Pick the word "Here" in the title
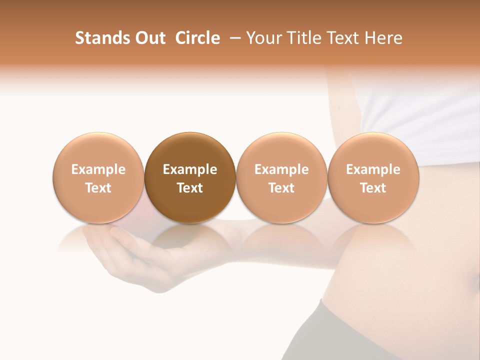[x=384, y=38]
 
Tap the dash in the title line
[x=236, y=38]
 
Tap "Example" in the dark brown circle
[x=190, y=169]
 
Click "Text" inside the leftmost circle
[x=98, y=188]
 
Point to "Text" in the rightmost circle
[x=373, y=188]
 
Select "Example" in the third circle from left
[x=281, y=169]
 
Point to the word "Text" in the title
[x=343, y=38]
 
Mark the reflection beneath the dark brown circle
[x=190, y=240]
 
